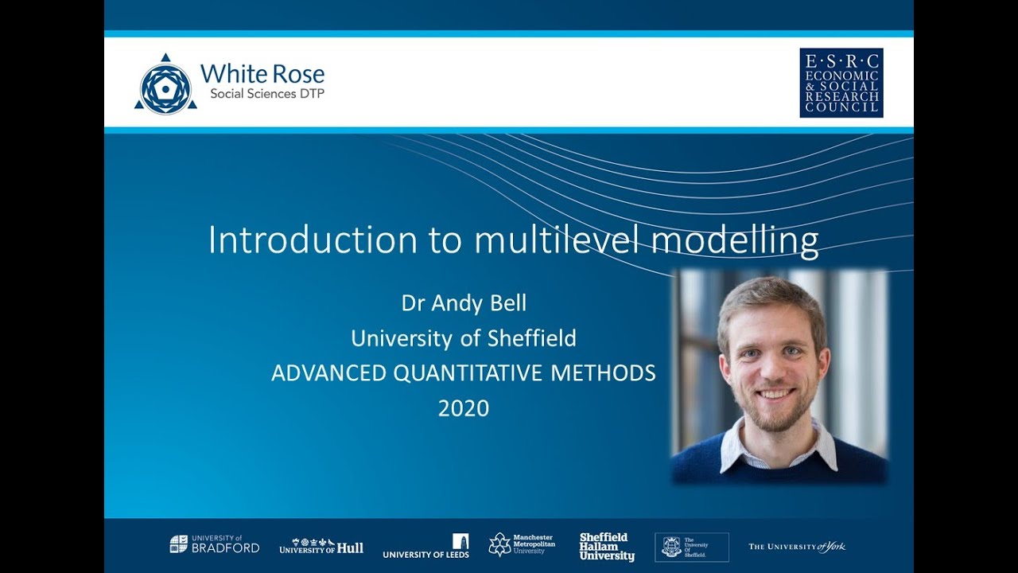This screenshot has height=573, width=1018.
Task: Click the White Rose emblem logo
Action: (165, 85)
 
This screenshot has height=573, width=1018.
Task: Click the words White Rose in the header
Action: (262, 74)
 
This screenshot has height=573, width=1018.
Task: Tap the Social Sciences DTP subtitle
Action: (266, 94)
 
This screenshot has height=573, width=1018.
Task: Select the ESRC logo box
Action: (841, 83)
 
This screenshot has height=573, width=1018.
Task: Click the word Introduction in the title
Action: (312, 240)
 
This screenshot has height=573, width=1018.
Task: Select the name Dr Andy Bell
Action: (464, 303)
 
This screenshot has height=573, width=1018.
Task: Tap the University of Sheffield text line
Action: (464, 338)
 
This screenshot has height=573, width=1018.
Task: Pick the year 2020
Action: (464, 408)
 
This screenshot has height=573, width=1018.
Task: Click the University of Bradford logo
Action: (214, 544)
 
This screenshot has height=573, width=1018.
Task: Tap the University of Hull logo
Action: (321, 547)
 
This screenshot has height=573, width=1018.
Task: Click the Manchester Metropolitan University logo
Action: (522, 544)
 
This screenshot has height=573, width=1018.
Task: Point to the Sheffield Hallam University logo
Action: (607, 547)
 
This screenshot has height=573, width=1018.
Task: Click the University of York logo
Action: (796, 547)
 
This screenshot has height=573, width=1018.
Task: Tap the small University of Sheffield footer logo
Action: (691, 547)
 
